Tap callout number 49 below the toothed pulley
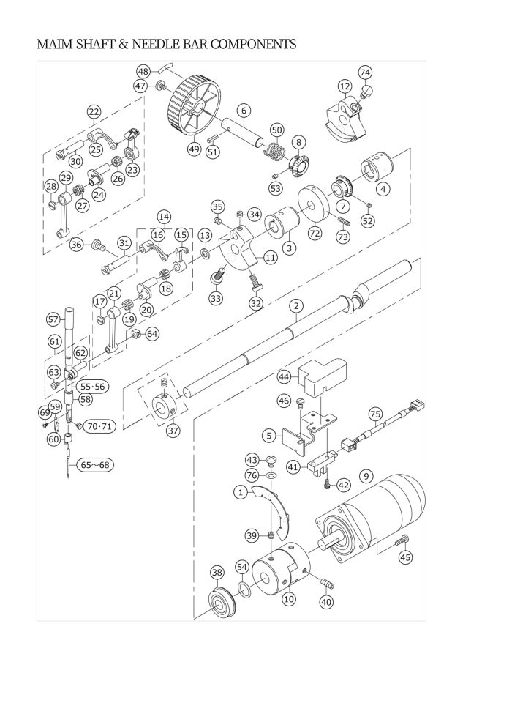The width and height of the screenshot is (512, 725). (195, 149)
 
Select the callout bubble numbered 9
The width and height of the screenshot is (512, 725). (366, 476)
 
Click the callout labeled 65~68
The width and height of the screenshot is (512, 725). (95, 465)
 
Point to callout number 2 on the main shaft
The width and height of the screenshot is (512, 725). (296, 305)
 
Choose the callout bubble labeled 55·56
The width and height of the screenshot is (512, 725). (92, 387)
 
